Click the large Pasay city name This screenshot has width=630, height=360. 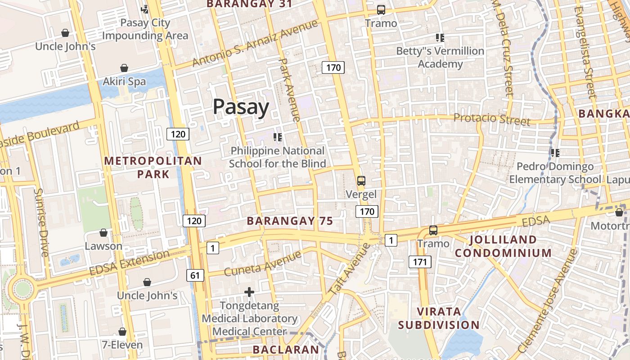click(241, 107)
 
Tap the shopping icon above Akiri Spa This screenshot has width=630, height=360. click(124, 68)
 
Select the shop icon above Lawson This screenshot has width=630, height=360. click(103, 233)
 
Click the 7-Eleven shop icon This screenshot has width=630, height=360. click(122, 332)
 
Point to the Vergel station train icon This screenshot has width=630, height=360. click(361, 181)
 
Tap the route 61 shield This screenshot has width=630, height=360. click(194, 275)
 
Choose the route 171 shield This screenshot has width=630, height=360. click(420, 261)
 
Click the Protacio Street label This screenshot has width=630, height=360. click(491, 119)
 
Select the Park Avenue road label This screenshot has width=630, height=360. click(289, 90)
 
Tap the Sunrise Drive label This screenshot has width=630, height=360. click(41, 222)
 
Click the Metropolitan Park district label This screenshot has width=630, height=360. click(153, 167)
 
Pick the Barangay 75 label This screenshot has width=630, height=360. click(290, 221)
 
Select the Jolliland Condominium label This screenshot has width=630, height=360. click(503, 246)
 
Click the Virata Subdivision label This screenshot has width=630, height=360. click(439, 318)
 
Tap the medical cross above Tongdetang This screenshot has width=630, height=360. click(249, 292)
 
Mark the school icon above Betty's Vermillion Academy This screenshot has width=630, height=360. click(440, 38)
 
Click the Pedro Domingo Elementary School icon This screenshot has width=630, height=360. click(555, 153)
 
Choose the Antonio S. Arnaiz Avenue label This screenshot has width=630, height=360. click(255, 43)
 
